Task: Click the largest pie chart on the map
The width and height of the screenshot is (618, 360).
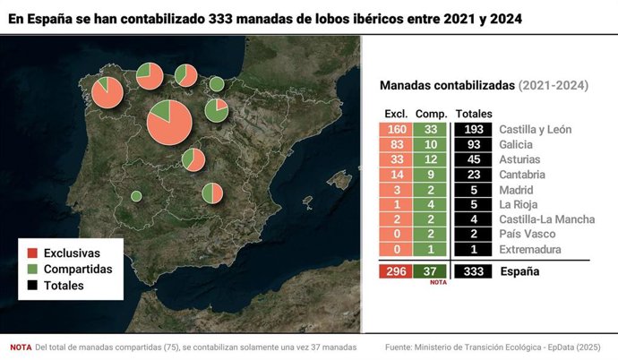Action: (168, 124)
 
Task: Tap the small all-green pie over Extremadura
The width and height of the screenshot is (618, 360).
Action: (136, 195)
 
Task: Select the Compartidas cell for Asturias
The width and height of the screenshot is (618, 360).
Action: (431, 159)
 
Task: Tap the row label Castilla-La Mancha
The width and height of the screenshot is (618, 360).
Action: (545, 219)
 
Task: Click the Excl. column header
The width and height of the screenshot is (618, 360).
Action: (397, 114)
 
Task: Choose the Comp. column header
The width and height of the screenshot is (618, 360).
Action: (432, 114)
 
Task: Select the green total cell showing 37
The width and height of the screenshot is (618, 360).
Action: (431, 271)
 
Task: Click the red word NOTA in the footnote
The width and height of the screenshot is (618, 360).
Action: (20, 347)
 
